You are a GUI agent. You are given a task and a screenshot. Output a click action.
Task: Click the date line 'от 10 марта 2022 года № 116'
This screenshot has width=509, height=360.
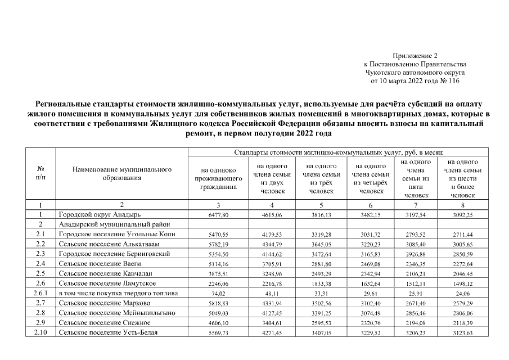click(415, 81)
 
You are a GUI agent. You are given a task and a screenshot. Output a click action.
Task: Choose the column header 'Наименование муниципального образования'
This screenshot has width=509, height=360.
click(121, 174)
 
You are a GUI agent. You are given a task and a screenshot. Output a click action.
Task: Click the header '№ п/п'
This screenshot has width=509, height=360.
click(40, 173)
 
